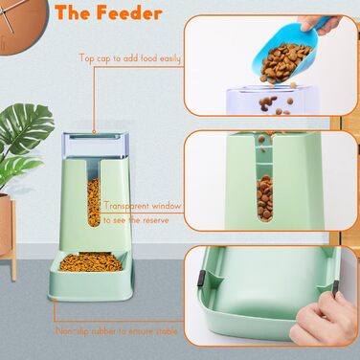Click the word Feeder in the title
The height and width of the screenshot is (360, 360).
[x=129, y=13]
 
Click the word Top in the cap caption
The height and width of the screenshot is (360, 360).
[x=86, y=58]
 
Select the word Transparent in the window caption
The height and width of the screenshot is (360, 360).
[x=126, y=206]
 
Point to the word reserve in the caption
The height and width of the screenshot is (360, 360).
[x=156, y=220]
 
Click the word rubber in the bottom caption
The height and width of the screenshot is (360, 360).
[x=103, y=331]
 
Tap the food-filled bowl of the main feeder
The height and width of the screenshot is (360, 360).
[x=91, y=262]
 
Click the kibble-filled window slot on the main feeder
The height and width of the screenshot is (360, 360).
[x=94, y=202]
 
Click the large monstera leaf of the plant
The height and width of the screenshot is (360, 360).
[x=27, y=124]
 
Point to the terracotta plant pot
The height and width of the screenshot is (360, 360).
[x=5, y=223]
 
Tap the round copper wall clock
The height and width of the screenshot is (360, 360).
[x=22, y=24]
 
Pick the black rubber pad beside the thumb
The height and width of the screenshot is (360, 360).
[x=336, y=288]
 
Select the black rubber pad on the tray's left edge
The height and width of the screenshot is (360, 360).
[x=201, y=278]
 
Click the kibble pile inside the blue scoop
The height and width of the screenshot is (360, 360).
[x=284, y=60]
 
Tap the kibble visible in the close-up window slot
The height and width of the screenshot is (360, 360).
[x=265, y=197]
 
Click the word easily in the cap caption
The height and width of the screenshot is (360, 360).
[x=170, y=58]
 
